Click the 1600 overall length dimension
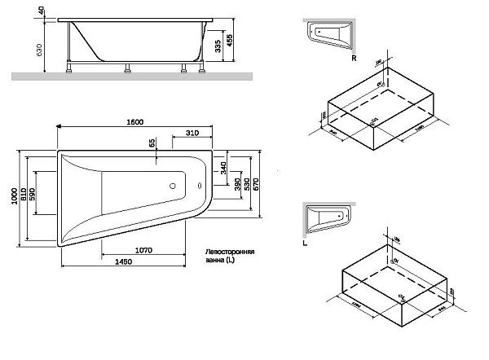(x=135, y=121)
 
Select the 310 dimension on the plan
(x=192, y=133)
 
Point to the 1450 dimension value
(x=124, y=261)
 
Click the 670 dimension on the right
(x=256, y=184)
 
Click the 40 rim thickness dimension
(x=41, y=11)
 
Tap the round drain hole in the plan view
(x=174, y=185)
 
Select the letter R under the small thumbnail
(x=353, y=59)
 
